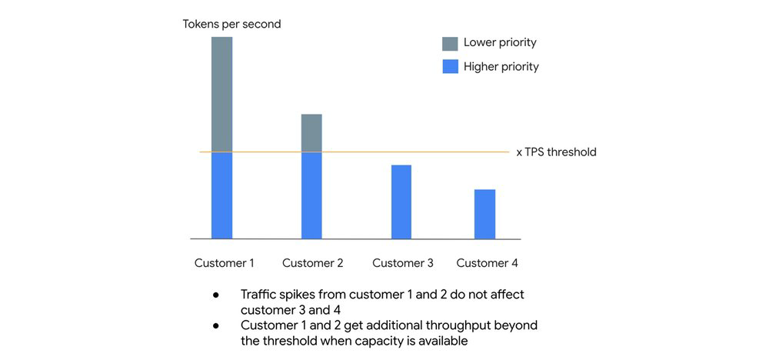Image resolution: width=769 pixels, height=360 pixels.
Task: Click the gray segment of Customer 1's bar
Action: pyautogui.click(x=221, y=94)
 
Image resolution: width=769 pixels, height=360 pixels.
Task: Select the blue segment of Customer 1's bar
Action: pyautogui.click(x=221, y=195)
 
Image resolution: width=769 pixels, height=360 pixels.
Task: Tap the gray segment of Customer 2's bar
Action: pyautogui.click(x=311, y=133)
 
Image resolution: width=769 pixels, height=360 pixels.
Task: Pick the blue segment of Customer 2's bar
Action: pyautogui.click(x=311, y=195)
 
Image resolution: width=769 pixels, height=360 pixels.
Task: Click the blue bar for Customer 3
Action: pyautogui.click(x=401, y=202)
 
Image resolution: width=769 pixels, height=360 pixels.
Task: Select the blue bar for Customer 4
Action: pyautogui.click(x=484, y=214)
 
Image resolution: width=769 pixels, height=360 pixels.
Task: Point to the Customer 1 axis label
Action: pyautogui.click(x=224, y=263)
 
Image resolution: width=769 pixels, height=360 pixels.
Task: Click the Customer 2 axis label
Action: pyautogui.click(x=312, y=263)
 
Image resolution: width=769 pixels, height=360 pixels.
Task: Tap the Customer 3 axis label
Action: pyautogui.click(x=402, y=263)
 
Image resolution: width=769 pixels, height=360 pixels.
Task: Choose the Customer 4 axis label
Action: pyautogui.click(x=487, y=263)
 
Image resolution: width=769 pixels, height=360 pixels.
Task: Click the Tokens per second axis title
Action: pyautogui.click(x=231, y=24)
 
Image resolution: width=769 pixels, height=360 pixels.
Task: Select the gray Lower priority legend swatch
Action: pyautogui.click(x=450, y=42)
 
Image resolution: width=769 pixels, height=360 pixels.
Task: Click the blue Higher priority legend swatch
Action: pyautogui.click(x=450, y=67)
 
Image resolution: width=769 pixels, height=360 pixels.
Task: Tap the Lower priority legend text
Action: pyautogui.click(x=500, y=42)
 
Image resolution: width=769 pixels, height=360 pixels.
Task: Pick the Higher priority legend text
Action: pyautogui.click(x=501, y=67)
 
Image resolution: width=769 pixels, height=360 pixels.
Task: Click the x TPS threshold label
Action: pyautogui.click(x=556, y=152)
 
